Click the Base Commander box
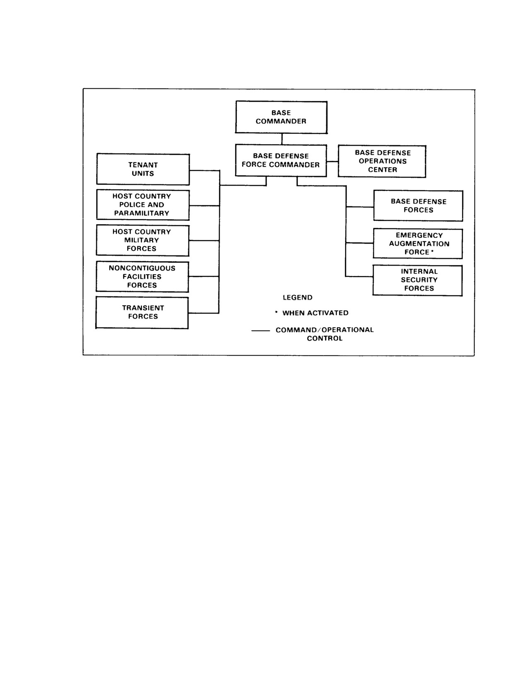[x=281, y=117]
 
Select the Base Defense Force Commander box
[x=281, y=160]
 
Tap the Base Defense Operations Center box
[x=382, y=161]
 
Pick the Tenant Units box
[x=143, y=169]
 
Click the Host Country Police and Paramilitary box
[x=143, y=205]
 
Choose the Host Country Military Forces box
[x=142, y=240]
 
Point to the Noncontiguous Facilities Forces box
[x=142, y=277]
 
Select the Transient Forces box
[x=142, y=312]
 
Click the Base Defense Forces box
[x=418, y=206]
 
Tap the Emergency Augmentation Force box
[x=418, y=244]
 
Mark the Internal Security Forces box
[x=417, y=280]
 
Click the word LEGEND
[x=297, y=297]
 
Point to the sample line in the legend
[x=261, y=330]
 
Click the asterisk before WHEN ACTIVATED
[x=276, y=312]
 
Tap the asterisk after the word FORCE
[x=432, y=251]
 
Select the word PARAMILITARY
[x=142, y=213]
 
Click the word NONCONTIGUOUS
[x=142, y=268]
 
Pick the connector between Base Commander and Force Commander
[x=282, y=139]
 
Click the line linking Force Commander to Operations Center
[x=333, y=162]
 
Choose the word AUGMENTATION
[x=419, y=244]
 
